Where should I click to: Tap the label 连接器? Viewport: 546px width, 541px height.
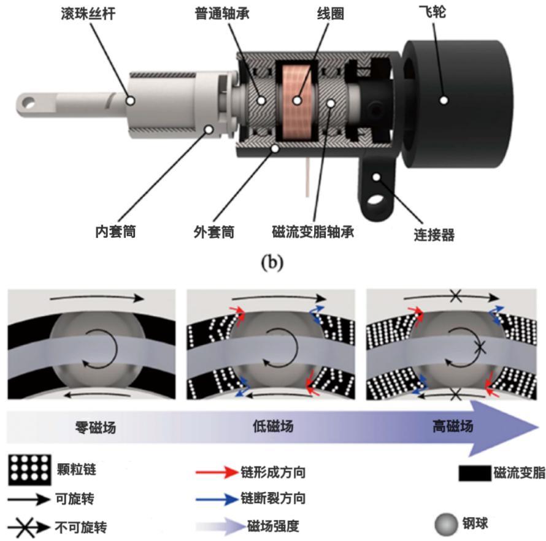tap(434, 235)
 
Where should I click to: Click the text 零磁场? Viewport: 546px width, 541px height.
tap(95, 426)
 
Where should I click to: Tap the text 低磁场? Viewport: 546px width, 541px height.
tap(272, 426)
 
